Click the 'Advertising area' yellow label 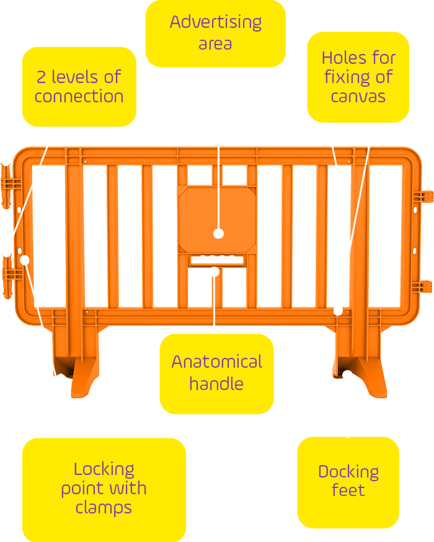[x=215, y=33]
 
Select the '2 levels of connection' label [x=79, y=87]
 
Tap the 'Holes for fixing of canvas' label [x=358, y=77]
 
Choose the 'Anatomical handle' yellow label [x=216, y=373]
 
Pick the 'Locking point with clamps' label [x=104, y=489]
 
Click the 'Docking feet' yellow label [x=348, y=481]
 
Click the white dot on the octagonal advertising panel [x=218, y=234]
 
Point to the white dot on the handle [x=214, y=270]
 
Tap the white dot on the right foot [x=348, y=375]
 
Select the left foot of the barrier [x=77, y=366]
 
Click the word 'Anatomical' [x=216, y=362]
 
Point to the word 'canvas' [x=358, y=97]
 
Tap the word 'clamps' [x=104, y=508]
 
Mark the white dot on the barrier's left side [x=25, y=259]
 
